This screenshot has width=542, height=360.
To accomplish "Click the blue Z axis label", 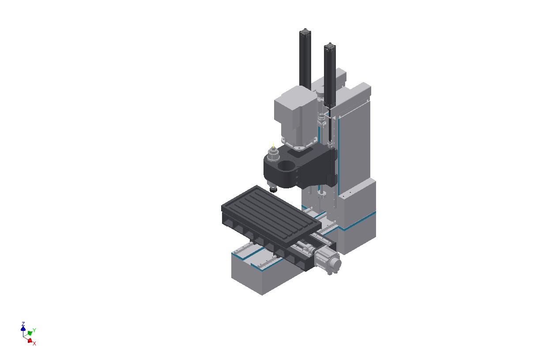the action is tap(23, 324).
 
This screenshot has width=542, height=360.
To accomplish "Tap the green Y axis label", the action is tap(34, 330).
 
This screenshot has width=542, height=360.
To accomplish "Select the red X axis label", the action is tap(34, 343).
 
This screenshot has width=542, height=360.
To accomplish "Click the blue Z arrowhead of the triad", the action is tap(23, 328).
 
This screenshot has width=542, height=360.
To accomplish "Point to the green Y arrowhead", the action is tap(30, 333).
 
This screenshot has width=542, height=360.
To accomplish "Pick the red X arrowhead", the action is tap(30, 341).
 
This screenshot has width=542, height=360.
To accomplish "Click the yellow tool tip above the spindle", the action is tap(273, 146).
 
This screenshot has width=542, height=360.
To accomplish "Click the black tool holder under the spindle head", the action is tap(273, 189).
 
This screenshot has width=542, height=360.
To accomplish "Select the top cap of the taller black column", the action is tap(305, 31).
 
